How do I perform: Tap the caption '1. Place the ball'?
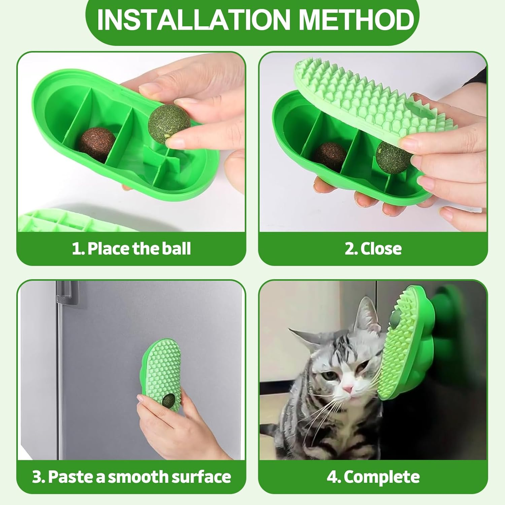131,249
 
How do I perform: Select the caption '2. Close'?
373,249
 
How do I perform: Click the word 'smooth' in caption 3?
138,477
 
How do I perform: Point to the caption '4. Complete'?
373,477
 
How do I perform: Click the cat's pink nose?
348,389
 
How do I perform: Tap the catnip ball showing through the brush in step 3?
168,400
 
